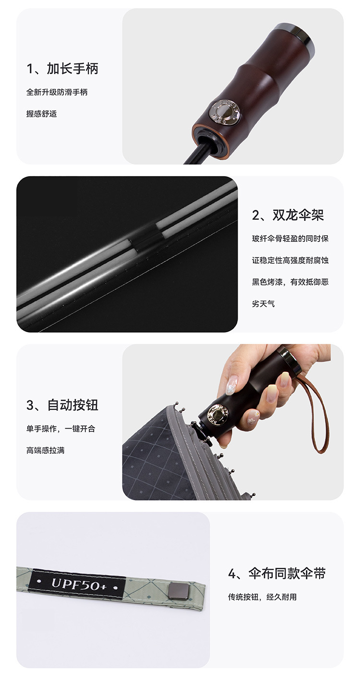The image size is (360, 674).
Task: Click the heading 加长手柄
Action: click(x=72, y=69)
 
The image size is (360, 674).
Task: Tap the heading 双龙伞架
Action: click(x=298, y=215)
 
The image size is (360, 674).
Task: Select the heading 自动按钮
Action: click(x=73, y=405)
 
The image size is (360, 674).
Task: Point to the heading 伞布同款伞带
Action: click(x=287, y=573)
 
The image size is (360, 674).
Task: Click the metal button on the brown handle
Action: click(x=225, y=111)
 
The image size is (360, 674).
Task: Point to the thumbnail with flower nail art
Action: click(x=231, y=386)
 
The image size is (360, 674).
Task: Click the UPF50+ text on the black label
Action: click(x=79, y=584)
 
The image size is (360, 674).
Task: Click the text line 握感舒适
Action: click(x=41, y=114)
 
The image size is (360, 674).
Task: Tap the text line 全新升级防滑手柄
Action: click(x=57, y=92)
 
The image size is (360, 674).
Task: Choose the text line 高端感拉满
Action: click(x=46, y=450)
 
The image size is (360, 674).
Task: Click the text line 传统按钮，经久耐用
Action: click(x=262, y=597)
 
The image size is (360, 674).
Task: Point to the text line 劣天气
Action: click(x=264, y=303)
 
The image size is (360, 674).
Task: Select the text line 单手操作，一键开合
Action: click(x=61, y=429)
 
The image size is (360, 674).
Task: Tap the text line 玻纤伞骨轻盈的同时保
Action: click(x=290, y=239)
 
